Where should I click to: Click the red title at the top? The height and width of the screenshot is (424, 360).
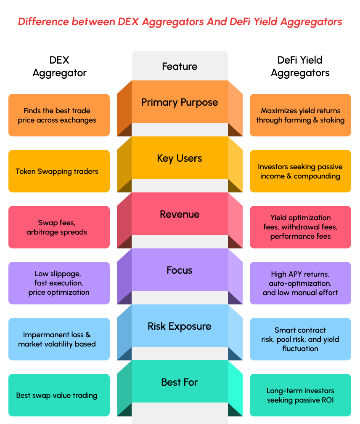[x=180, y=22]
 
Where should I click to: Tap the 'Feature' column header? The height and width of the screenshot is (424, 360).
[x=180, y=67]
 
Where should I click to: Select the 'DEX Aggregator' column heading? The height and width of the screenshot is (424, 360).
[x=59, y=67]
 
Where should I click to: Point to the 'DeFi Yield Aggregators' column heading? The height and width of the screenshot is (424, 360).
[x=300, y=67]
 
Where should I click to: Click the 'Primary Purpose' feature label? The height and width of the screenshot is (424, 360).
[x=180, y=102]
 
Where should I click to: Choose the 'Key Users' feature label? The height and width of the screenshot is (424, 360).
[x=180, y=158]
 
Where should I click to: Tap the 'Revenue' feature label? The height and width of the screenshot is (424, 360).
[x=180, y=214]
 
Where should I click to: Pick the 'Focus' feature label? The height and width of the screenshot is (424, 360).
[x=180, y=270]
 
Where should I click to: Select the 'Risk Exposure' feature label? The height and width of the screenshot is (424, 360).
[x=180, y=326]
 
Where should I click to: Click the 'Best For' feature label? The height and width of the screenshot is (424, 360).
[x=180, y=382]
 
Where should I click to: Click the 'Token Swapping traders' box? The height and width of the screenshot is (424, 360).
[x=59, y=171]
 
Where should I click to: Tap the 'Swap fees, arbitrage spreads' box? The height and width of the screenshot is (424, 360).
[x=59, y=227]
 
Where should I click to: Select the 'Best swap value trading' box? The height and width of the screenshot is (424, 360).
[x=59, y=395]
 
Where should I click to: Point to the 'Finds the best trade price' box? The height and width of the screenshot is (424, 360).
[x=59, y=115]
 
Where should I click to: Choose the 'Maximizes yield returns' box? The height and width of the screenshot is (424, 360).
[x=300, y=115]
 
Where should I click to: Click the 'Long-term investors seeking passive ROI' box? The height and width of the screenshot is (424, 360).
[x=300, y=395]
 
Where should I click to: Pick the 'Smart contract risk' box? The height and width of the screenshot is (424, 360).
[x=300, y=339]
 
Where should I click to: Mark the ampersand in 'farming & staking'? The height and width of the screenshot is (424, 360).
[x=315, y=120]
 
